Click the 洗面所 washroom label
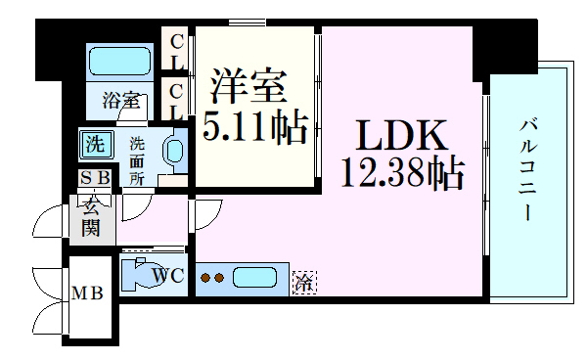(137, 159)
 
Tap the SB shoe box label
(95, 178)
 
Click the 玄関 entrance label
(91, 217)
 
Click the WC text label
(168, 277)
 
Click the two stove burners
(212, 278)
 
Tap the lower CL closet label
(177, 100)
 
